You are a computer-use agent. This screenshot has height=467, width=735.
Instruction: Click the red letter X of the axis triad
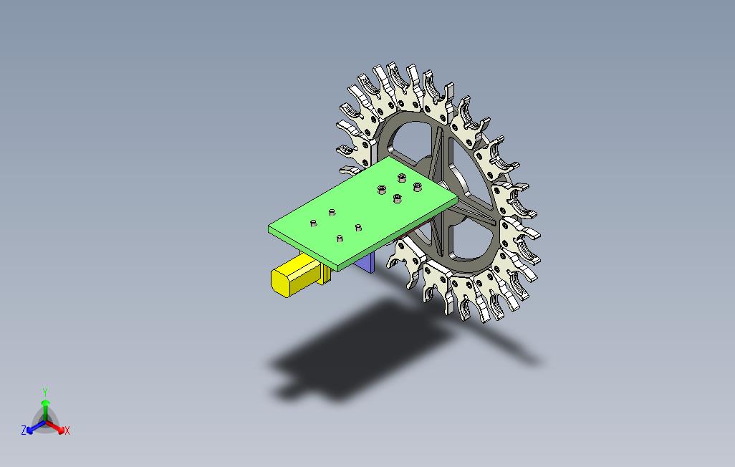pyautogui.click(x=67, y=430)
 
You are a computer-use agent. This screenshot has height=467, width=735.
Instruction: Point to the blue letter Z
pyautogui.click(x=24, y=430)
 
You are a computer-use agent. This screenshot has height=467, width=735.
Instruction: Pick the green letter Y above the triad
pyautogui.click(x=45, y=392)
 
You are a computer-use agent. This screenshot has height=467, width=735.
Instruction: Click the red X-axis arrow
pyautogui.click(x=55, y=427)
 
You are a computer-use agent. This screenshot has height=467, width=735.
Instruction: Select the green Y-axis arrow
pyautogui.click(x=45, y=411)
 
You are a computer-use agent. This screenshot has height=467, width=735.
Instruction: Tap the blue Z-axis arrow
pyautogui.click(x=36, y=427)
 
